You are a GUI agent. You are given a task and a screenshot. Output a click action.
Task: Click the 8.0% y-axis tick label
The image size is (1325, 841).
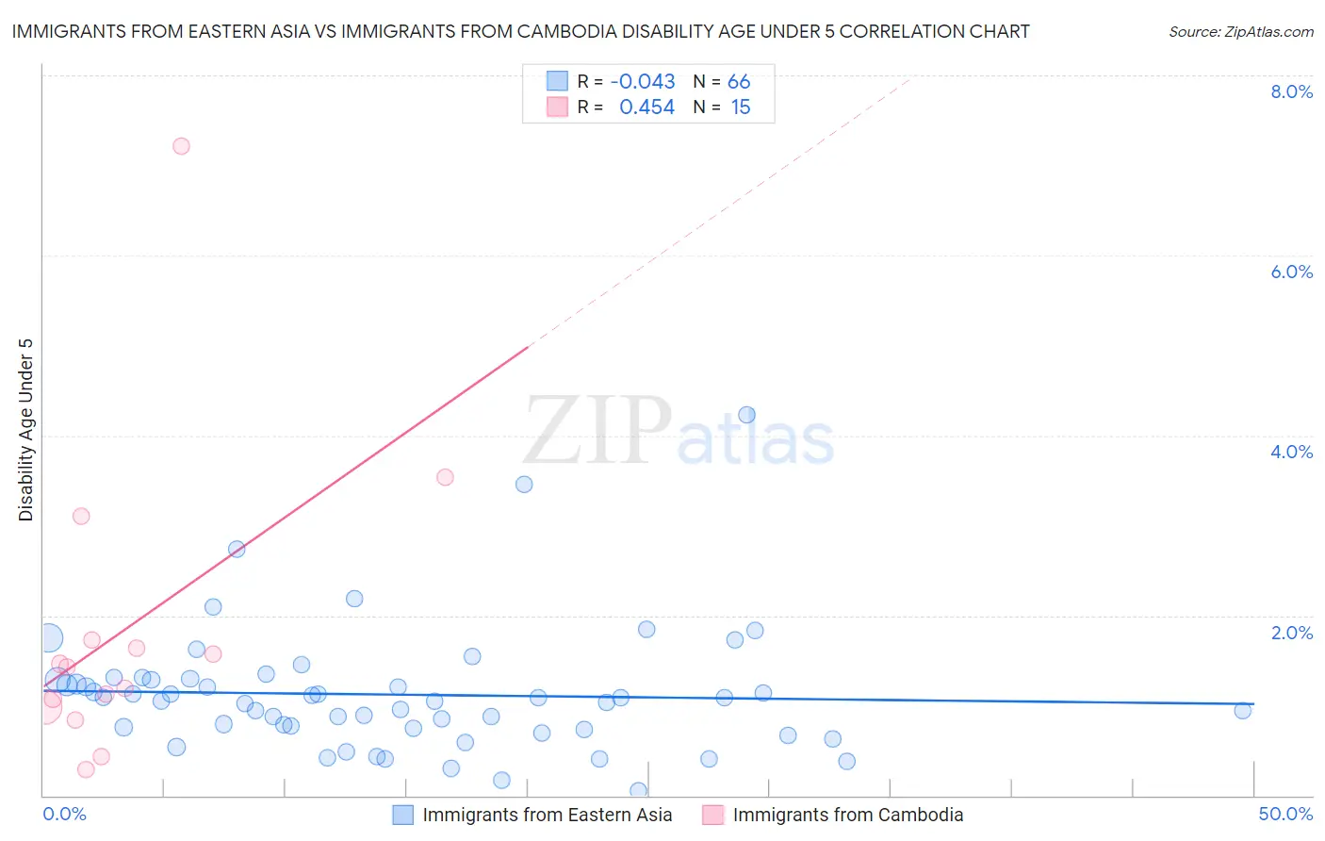(x=1291, y=91)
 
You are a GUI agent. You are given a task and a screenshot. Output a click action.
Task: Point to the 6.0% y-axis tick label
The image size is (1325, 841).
(x=1291, y=272)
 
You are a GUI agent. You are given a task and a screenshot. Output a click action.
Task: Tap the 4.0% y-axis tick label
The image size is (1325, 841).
(x=1291, y=452)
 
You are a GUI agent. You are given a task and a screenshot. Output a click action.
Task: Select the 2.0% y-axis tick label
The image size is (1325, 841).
(x=1291, y=633)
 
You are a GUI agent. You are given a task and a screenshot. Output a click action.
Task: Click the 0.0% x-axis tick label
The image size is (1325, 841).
(x=64, y=814)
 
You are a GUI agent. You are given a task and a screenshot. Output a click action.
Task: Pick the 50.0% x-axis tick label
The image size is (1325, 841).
(x=1285, y=814)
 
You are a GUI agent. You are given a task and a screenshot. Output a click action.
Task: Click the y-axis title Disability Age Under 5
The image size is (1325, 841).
(x=25, y=429)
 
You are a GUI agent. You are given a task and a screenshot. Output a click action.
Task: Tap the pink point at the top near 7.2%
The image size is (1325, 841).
(x=181, y=146)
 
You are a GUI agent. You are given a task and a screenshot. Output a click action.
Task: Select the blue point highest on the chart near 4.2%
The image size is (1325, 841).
(x=746, y=415)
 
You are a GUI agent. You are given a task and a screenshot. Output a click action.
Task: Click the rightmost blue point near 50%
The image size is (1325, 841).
(x=1243, y=711)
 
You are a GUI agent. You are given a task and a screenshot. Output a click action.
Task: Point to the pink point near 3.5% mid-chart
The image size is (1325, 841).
(x=445, y=477)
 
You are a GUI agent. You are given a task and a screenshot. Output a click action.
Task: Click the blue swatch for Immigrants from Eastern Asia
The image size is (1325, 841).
(x=403, y=815)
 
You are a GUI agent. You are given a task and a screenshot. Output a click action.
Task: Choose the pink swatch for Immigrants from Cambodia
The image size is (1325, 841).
(x=713, y=815)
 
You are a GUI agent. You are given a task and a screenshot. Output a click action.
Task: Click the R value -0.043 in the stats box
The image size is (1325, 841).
(x=643, y=82)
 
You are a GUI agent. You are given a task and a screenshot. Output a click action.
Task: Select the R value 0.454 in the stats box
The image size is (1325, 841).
(x=646, y=107)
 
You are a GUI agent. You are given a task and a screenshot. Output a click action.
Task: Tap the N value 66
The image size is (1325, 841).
(x=739, y=82)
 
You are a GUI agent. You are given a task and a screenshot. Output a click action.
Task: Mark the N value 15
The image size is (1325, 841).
(x=741, y=107)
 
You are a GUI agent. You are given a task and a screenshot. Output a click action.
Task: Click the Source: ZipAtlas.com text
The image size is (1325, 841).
(x=1240, y=32)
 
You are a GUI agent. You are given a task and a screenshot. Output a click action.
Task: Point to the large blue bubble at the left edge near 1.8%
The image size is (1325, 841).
(x=48, y=638)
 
